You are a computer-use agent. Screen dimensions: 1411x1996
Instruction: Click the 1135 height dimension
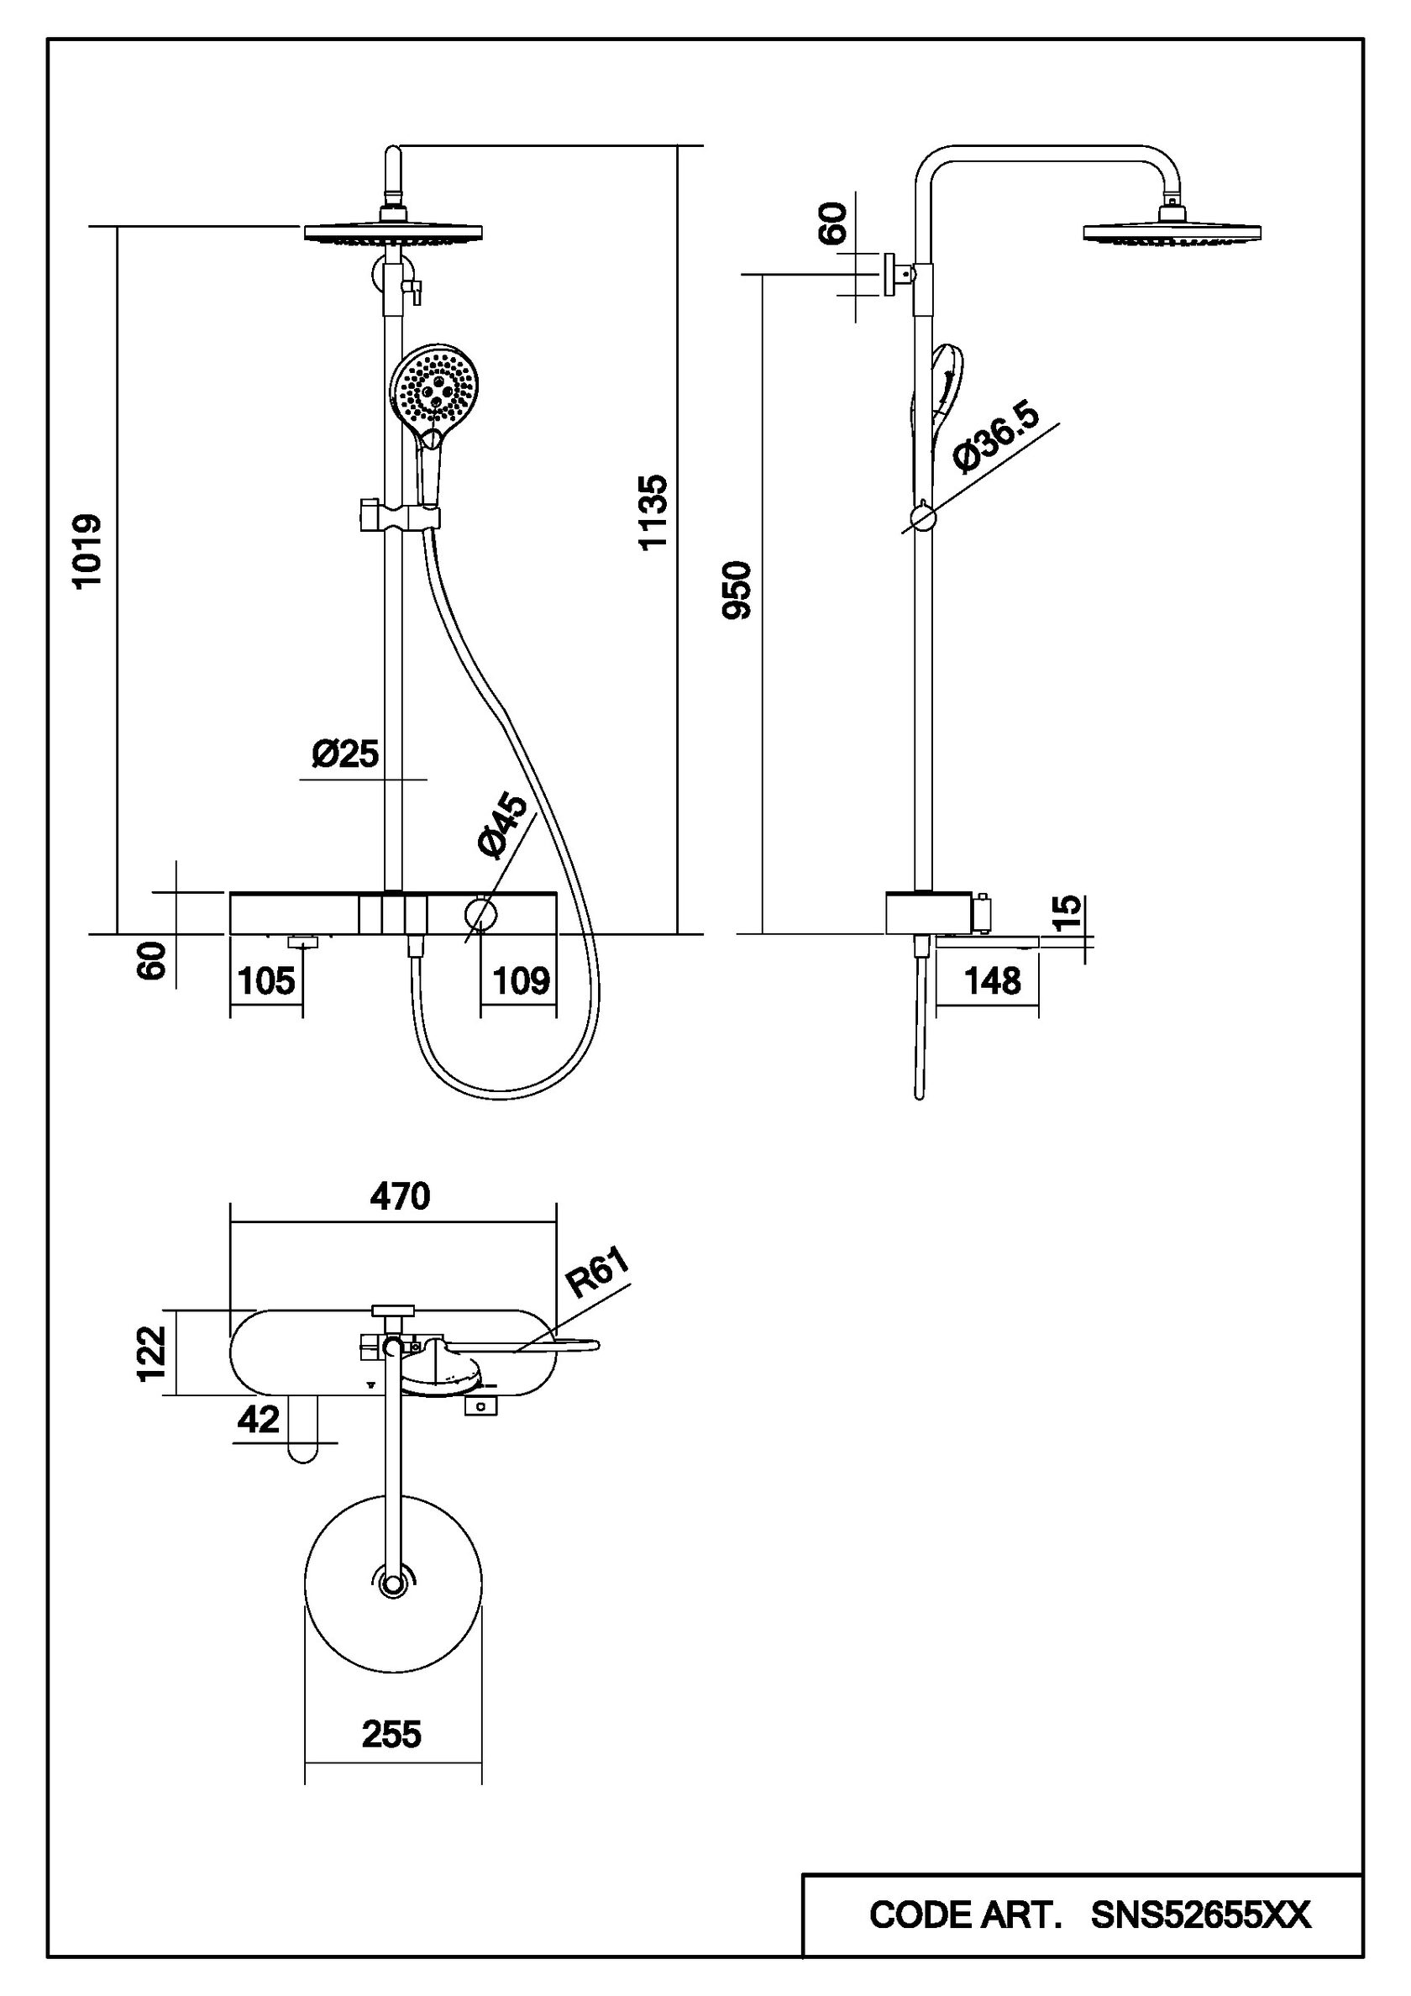[652, 511]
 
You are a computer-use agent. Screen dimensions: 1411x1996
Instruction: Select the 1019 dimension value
[87, 551]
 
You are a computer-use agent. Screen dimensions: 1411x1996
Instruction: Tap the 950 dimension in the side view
[737, 591]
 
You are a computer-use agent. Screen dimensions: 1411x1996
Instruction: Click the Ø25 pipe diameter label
[346, 754]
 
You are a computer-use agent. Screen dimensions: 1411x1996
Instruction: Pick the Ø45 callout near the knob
[503, 827]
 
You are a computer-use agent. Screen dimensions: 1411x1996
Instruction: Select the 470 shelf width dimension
[400, 1197]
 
